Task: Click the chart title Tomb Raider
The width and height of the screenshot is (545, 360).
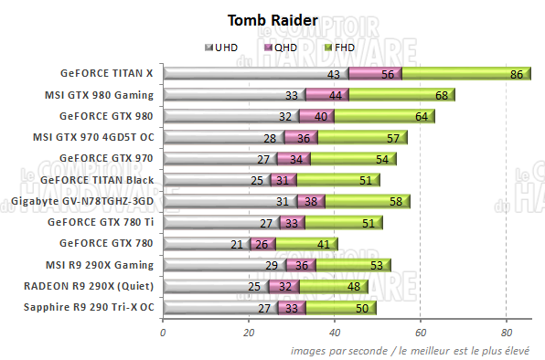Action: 272,20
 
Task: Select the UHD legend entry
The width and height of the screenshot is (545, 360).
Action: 225,47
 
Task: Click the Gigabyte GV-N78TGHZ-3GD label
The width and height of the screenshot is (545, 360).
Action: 82,200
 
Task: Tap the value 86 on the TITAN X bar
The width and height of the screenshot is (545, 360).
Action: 517,74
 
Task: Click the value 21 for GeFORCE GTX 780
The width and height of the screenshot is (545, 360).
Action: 237,244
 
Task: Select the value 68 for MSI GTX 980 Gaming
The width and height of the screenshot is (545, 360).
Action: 441,95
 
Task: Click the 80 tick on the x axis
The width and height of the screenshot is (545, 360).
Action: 507,333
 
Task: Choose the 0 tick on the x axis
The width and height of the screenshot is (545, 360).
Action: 163,333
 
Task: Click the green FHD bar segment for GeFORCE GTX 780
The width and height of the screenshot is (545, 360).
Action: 306,244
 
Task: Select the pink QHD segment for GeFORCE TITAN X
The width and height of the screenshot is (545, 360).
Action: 375,74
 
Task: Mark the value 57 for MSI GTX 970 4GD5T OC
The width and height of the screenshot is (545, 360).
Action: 393,138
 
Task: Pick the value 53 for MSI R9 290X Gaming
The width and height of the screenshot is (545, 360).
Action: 377,265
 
